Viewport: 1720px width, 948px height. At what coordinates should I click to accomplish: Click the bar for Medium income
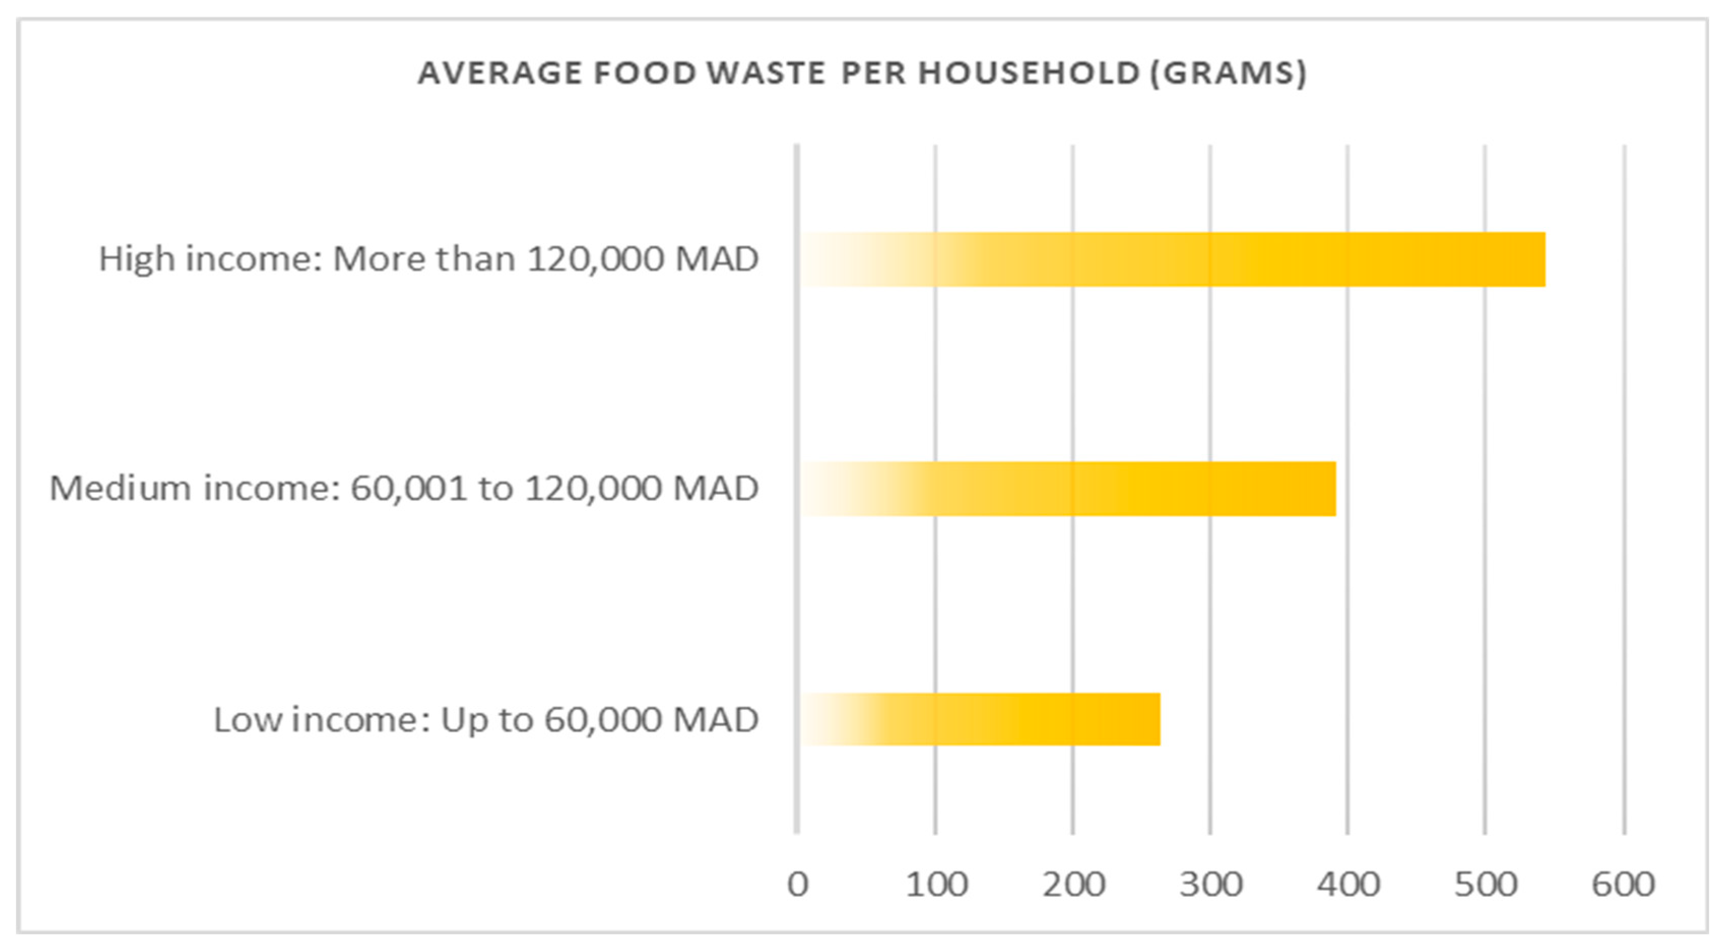[x=1068, y=489]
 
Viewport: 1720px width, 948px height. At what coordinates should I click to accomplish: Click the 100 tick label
[x=936, y=885]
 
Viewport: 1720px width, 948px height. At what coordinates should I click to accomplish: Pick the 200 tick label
[x=1074, y=885]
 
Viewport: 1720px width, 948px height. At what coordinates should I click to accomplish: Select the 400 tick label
[x=1348, y=885]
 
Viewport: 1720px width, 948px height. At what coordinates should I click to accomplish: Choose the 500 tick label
[x=1485, y=885]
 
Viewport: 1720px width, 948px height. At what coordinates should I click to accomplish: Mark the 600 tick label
[x=1623, y=885]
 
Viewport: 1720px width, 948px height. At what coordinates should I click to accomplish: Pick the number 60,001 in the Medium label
[x=408, y=489]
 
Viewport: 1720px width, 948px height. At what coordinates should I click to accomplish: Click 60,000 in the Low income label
[x=602, y=720]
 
